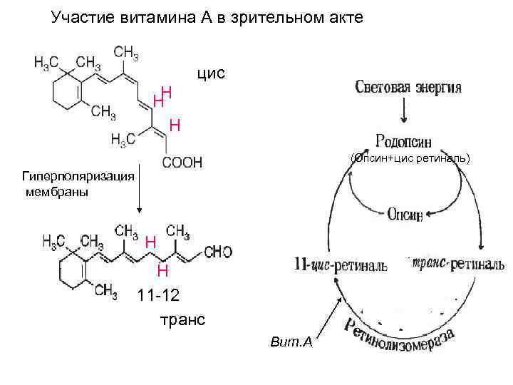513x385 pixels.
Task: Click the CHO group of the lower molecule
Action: (x=217, y=252)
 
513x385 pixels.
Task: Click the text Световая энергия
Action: (x=408, y=88)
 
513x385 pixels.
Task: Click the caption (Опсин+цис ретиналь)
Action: (x=412, y=158)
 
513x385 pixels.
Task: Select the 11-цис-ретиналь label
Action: (x=341, y=265)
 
